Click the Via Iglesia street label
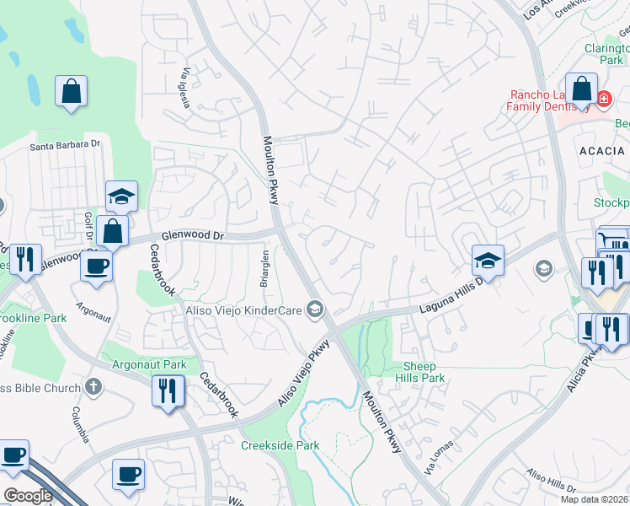184,87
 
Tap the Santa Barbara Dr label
65,145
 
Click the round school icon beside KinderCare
316,310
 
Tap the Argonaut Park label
149,365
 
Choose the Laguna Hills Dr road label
451,297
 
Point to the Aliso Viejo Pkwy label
305,374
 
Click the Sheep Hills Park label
424,372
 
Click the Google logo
29,496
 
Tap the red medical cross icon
603,100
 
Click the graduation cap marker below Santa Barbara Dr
122,196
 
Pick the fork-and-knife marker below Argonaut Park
168,390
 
